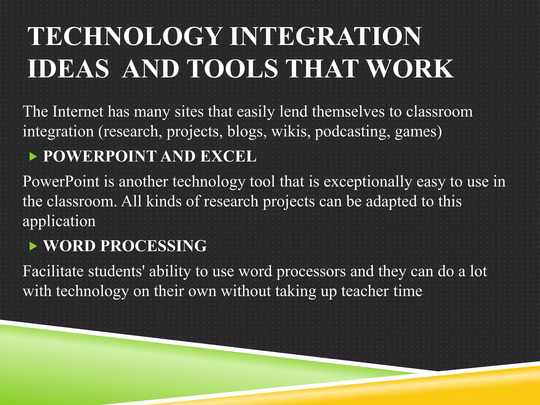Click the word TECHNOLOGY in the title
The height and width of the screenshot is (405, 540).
[x=124, y=37]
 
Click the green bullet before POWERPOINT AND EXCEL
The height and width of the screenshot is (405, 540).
[x=33, y=157]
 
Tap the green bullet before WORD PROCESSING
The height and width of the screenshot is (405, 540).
[x=33, y=247]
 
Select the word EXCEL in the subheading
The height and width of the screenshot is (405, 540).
[x=228, y=156]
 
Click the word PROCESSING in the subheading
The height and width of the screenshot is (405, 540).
[x=153, y=246]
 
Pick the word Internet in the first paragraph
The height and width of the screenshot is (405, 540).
[x=78, y=112]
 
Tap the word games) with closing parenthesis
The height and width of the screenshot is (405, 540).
[x=418, y=132]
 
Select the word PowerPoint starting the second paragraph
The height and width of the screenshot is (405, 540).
[x=61, y=182]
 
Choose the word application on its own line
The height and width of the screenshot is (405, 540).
[x=59, y=221]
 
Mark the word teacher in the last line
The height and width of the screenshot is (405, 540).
[x=365, y=292]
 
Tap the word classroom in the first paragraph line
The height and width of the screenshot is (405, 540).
[x=439, y=112]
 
